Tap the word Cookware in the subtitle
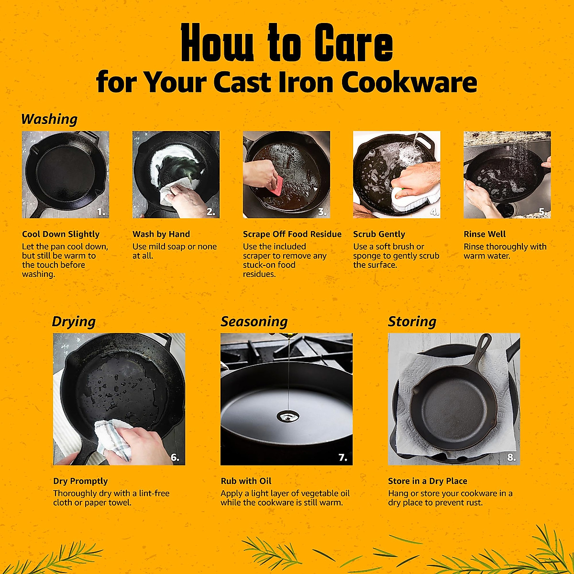(x=409, y=82)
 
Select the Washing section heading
(x=49, y=119)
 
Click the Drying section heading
(x=74, y=321)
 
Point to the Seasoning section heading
(x=254, y=321)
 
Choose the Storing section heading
(x=412, y=321)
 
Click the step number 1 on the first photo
(x=101, y=211)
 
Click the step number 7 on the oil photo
(x=342, y=458)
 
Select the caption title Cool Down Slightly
(x=61, y=234)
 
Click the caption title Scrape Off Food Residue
(x=292, y=234)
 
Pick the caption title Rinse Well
(x=485, y=234)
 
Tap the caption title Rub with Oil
(x=246, y=481)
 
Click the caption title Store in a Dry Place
(x=428, y=481)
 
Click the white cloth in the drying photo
(x=112, y=438)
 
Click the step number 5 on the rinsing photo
(x=542, y=211)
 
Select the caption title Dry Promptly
(x=80, y=481)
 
